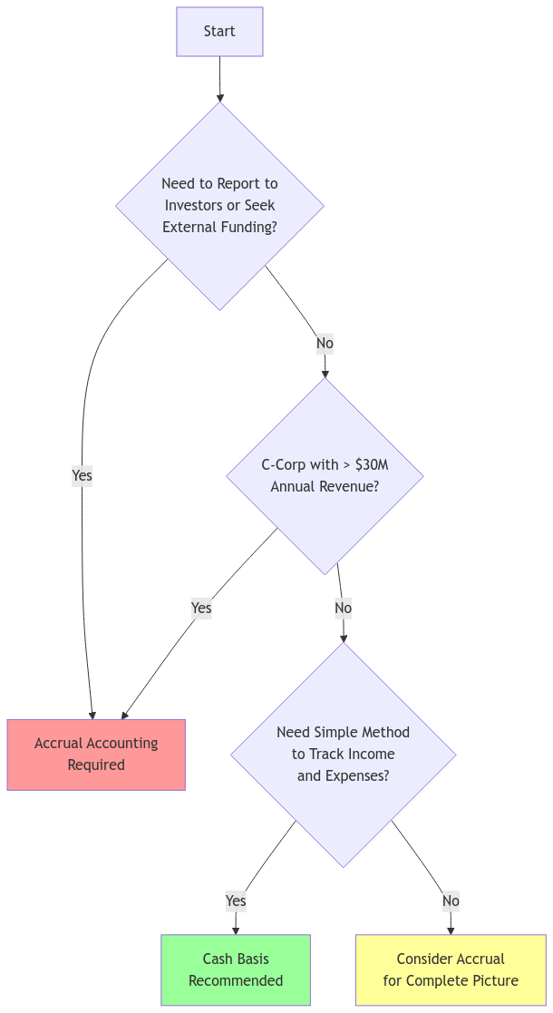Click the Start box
[x=219, y=32]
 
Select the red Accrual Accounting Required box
[x=96, y=755]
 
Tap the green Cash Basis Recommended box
[x=236, y=970]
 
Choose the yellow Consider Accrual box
[x=451, y=970]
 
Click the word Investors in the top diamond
[x=194, y=205]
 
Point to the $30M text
[x=372, y=465]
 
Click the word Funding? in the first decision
[x=248, y=227]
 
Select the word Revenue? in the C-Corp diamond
[x=349, y=487]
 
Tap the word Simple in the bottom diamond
[x=336, y=733]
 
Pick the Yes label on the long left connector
[x=82, y=475]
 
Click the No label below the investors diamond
[x=325, y=344]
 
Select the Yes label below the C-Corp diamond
[x=201, y=608]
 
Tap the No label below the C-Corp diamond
[x=343, y=608]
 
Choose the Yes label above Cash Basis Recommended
[x=236, y=901]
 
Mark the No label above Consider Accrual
[x=451, y=901]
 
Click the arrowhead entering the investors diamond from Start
[x=220, y=97]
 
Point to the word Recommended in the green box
[x=236, y=981]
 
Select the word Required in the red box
[x=96, y=765]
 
